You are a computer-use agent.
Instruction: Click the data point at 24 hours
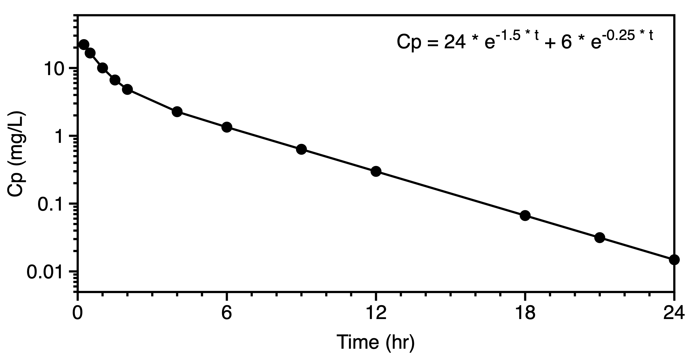pyautogui.click(x=674, y=259)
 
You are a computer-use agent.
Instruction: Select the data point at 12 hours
pyautogui.click(x=376, y=171)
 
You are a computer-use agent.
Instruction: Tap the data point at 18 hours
pyautogui.click(x=525, y=216)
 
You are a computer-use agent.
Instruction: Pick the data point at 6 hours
pyautogui.click(x=227, y=127)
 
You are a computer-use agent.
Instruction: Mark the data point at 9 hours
pyautogui.click(x=301, y=149)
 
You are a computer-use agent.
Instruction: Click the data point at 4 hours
pyautogui.click(x=177, y=112)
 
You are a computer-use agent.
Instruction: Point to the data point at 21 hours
pyautogui.click(x=600, y=238)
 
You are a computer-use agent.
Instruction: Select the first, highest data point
pyautogui.click(x=84, y=44)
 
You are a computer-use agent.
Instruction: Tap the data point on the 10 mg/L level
pyautogui.click(x=102, y=68)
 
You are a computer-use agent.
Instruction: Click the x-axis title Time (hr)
pyautogui.click(x=376, y=342)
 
